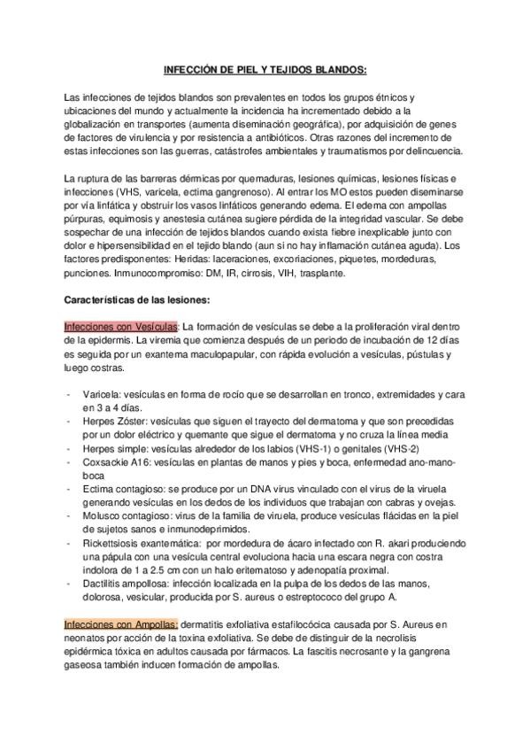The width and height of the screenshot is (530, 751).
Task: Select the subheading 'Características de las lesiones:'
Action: tap(136, 299)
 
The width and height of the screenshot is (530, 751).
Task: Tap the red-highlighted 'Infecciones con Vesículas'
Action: tap(122, 326)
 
